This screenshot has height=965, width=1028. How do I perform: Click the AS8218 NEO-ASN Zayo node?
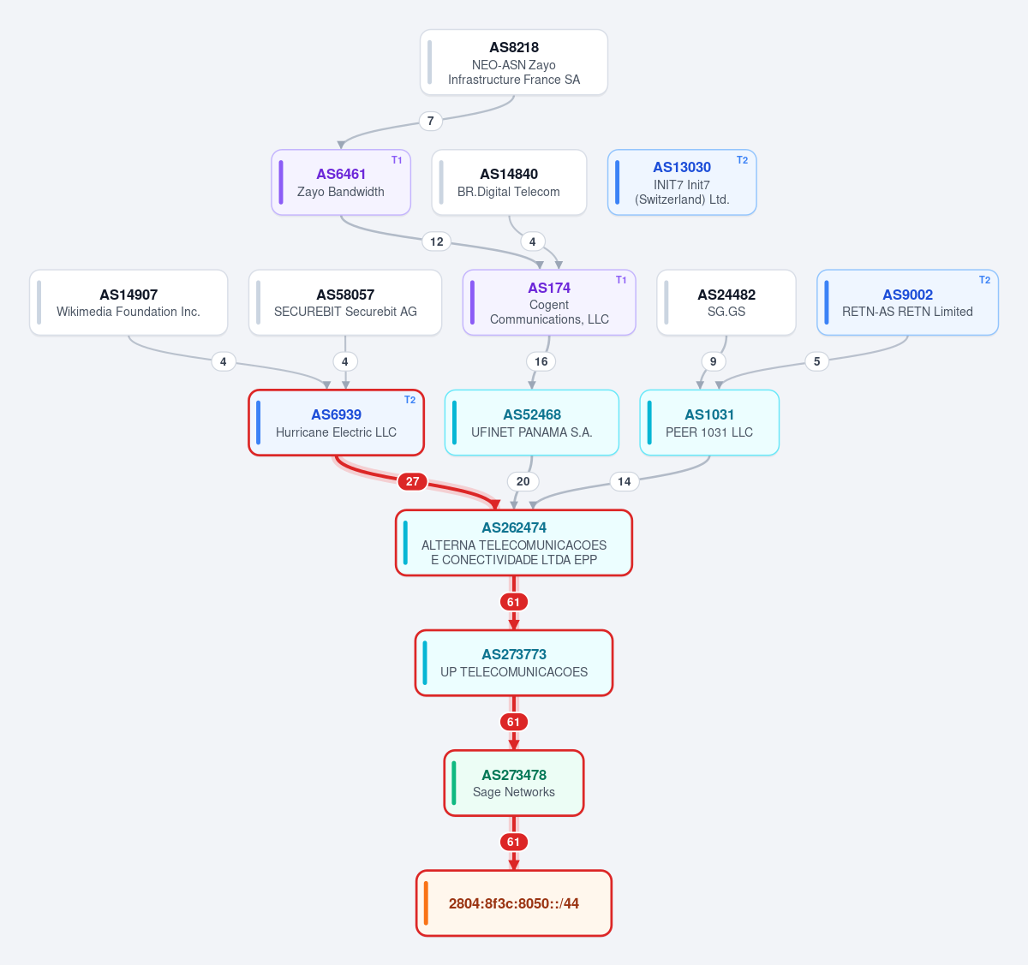[x=513, y=63]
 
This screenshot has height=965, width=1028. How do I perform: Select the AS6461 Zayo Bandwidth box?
[x=341, y=182]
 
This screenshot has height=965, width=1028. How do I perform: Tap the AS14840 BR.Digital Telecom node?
[x=509, y=182]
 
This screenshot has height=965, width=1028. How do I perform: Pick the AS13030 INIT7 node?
[x=682, y=182]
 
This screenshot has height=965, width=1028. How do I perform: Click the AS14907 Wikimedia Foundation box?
[x=128, y=302]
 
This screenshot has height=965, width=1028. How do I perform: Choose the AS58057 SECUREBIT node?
[x=345, y=302]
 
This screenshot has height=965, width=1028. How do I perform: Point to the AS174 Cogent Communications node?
[x=549, y=302]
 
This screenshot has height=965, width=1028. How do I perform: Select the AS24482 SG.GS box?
[x=726, y=302]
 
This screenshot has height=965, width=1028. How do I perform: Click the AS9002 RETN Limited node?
[x=907, y=302]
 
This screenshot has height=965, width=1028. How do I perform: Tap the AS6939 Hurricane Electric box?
[x=336, y=423]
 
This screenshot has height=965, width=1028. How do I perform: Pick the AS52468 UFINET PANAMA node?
[x=532, y=423]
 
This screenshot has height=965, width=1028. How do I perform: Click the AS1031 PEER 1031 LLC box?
[x=709, y=423]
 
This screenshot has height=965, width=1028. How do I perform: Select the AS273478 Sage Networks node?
[x=513, y=783]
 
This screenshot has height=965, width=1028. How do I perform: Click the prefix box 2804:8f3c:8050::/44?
[x=513, y=902]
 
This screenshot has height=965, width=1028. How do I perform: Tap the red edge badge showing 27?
[x=412, y=481]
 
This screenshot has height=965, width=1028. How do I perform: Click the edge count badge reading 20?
[x=523, y=481]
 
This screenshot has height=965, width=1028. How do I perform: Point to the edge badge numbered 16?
[x=541, y=361]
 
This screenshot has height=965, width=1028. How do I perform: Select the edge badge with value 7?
[x=430, y=121]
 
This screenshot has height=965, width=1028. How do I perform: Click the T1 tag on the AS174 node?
[x=621, y=280]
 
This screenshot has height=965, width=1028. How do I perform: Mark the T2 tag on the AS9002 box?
[x=984, y=280]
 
